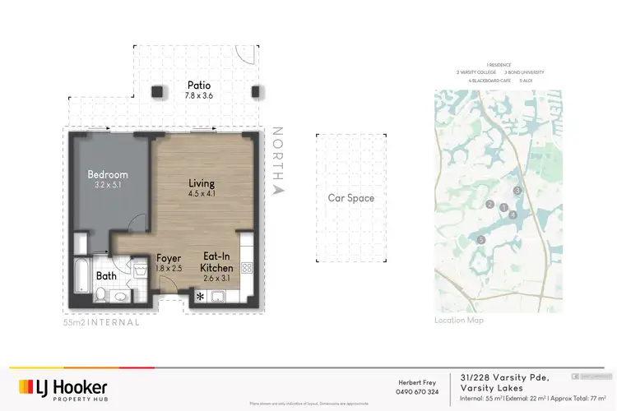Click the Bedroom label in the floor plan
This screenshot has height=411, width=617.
pos(109,174)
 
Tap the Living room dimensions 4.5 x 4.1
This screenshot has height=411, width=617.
pos(201,195)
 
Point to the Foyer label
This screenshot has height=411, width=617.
pos(169,258)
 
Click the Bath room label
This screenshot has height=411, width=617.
pos(106,276)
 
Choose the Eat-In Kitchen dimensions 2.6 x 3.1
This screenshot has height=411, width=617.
pos(218,279)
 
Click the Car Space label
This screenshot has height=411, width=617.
pos(350,198)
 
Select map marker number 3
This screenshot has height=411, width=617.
pos(517,191)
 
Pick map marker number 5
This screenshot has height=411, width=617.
pos(481,240)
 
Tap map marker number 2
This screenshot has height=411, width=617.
pos(489,205)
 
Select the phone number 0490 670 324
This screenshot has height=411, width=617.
pos(416,391)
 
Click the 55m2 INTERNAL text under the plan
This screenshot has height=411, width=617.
pos(101,323)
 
